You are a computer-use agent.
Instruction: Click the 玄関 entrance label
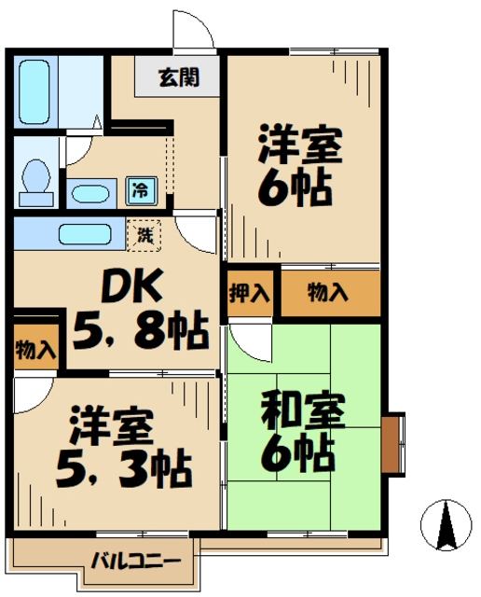coord(178,76)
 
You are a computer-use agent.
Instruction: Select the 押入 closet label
coord(249,293)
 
